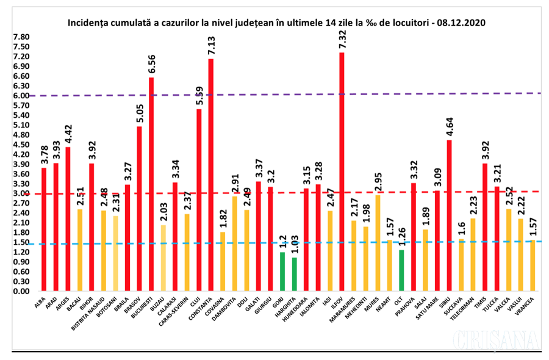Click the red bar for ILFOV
(x=342, y=171)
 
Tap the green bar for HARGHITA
(x=294, y=274)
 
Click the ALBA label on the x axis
(x=40, y=301)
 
